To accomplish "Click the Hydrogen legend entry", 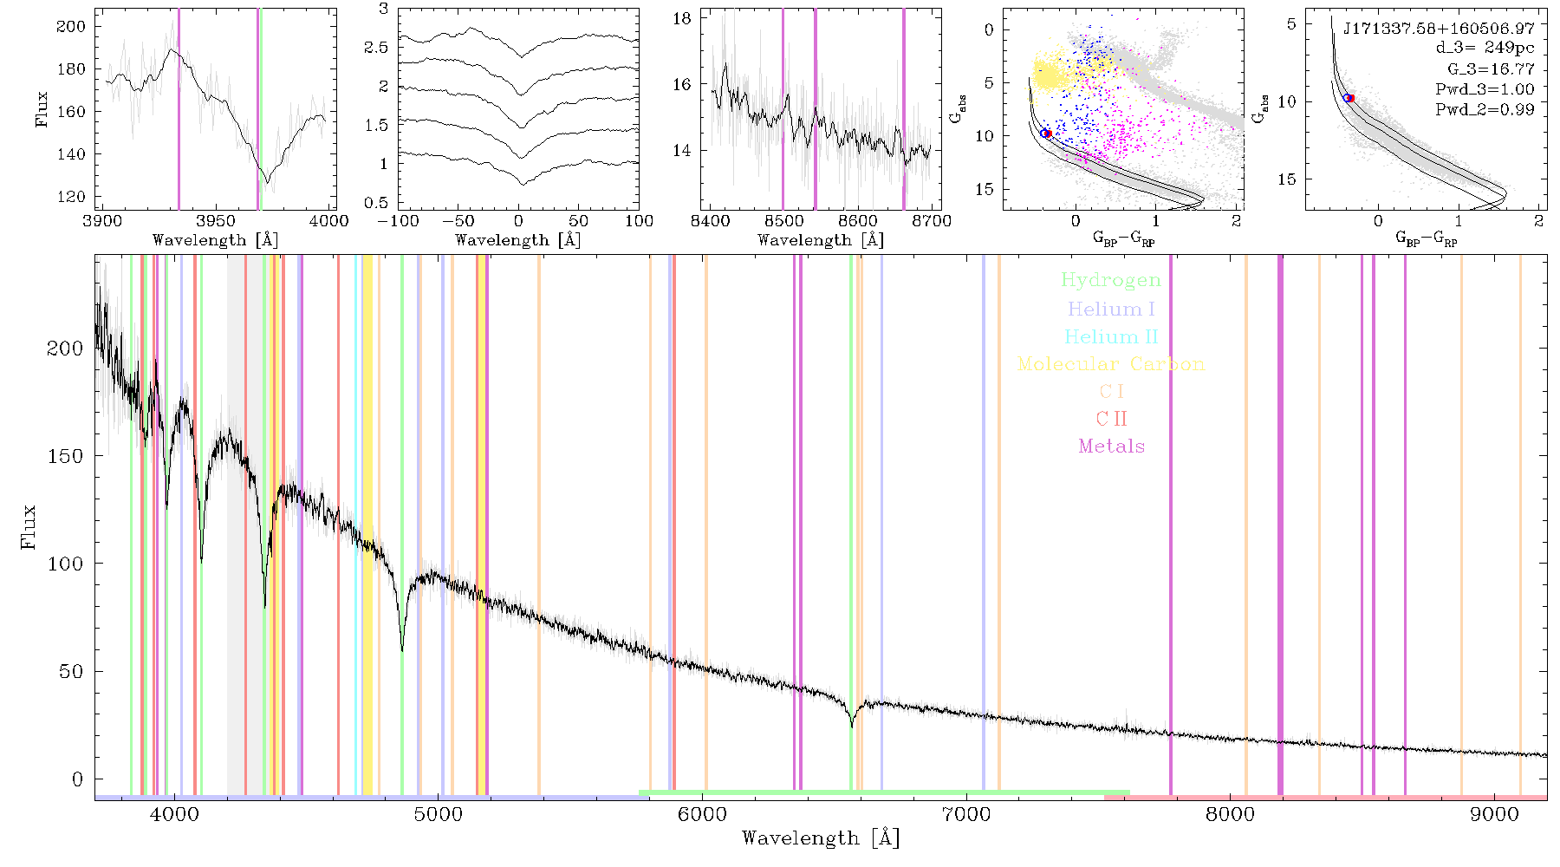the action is click(1110, 280).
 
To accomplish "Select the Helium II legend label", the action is click(1111, 336).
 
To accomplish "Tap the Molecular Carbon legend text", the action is click(1111, 364).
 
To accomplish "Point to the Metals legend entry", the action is click(1112, 447).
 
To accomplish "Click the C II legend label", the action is click(1112, 419).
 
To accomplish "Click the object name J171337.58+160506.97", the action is click(1439, 29).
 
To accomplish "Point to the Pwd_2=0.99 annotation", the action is click(1485, 109).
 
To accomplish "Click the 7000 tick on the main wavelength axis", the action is click(966, 815).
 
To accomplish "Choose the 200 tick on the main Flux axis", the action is click(65, 348).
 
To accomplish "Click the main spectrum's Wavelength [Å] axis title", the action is click(821, 838).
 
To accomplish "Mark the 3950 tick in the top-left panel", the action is click(216, 221).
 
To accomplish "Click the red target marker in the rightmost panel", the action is click(1349, 98).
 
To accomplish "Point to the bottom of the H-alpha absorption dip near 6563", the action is click(852, 727).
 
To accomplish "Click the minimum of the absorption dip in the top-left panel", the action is click(267, 182).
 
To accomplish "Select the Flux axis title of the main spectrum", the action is click(29, 526).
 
